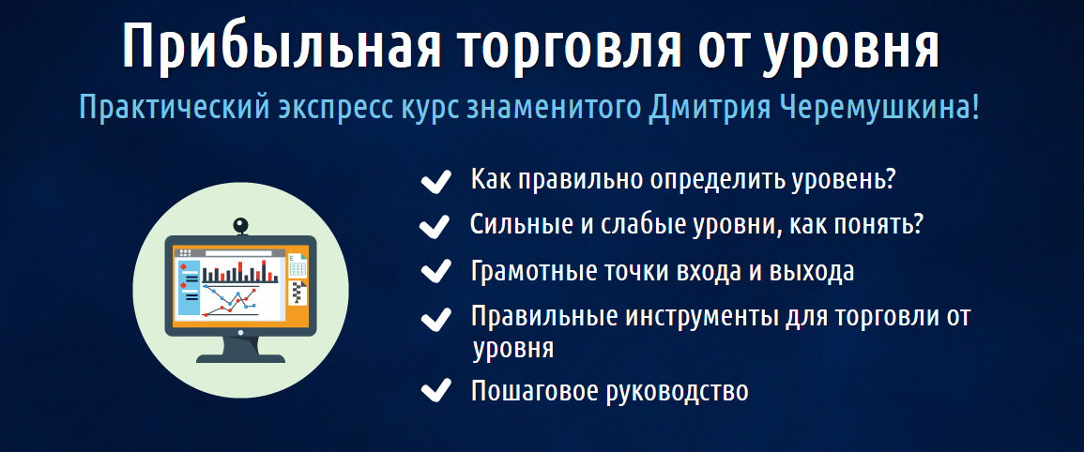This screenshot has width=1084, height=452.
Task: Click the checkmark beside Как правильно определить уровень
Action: pos(435,180)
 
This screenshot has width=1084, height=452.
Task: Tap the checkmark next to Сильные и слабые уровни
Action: pos(435,226)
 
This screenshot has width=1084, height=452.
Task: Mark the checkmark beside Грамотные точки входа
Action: pos(435,271)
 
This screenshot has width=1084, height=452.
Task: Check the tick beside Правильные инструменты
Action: pos(435,317)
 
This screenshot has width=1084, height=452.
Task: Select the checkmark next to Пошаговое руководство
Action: pos(435,389)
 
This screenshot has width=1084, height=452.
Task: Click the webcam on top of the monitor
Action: pos(241,226)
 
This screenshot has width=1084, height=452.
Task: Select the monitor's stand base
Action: pos(241,357)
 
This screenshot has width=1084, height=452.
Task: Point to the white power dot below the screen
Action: pos(241,331)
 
